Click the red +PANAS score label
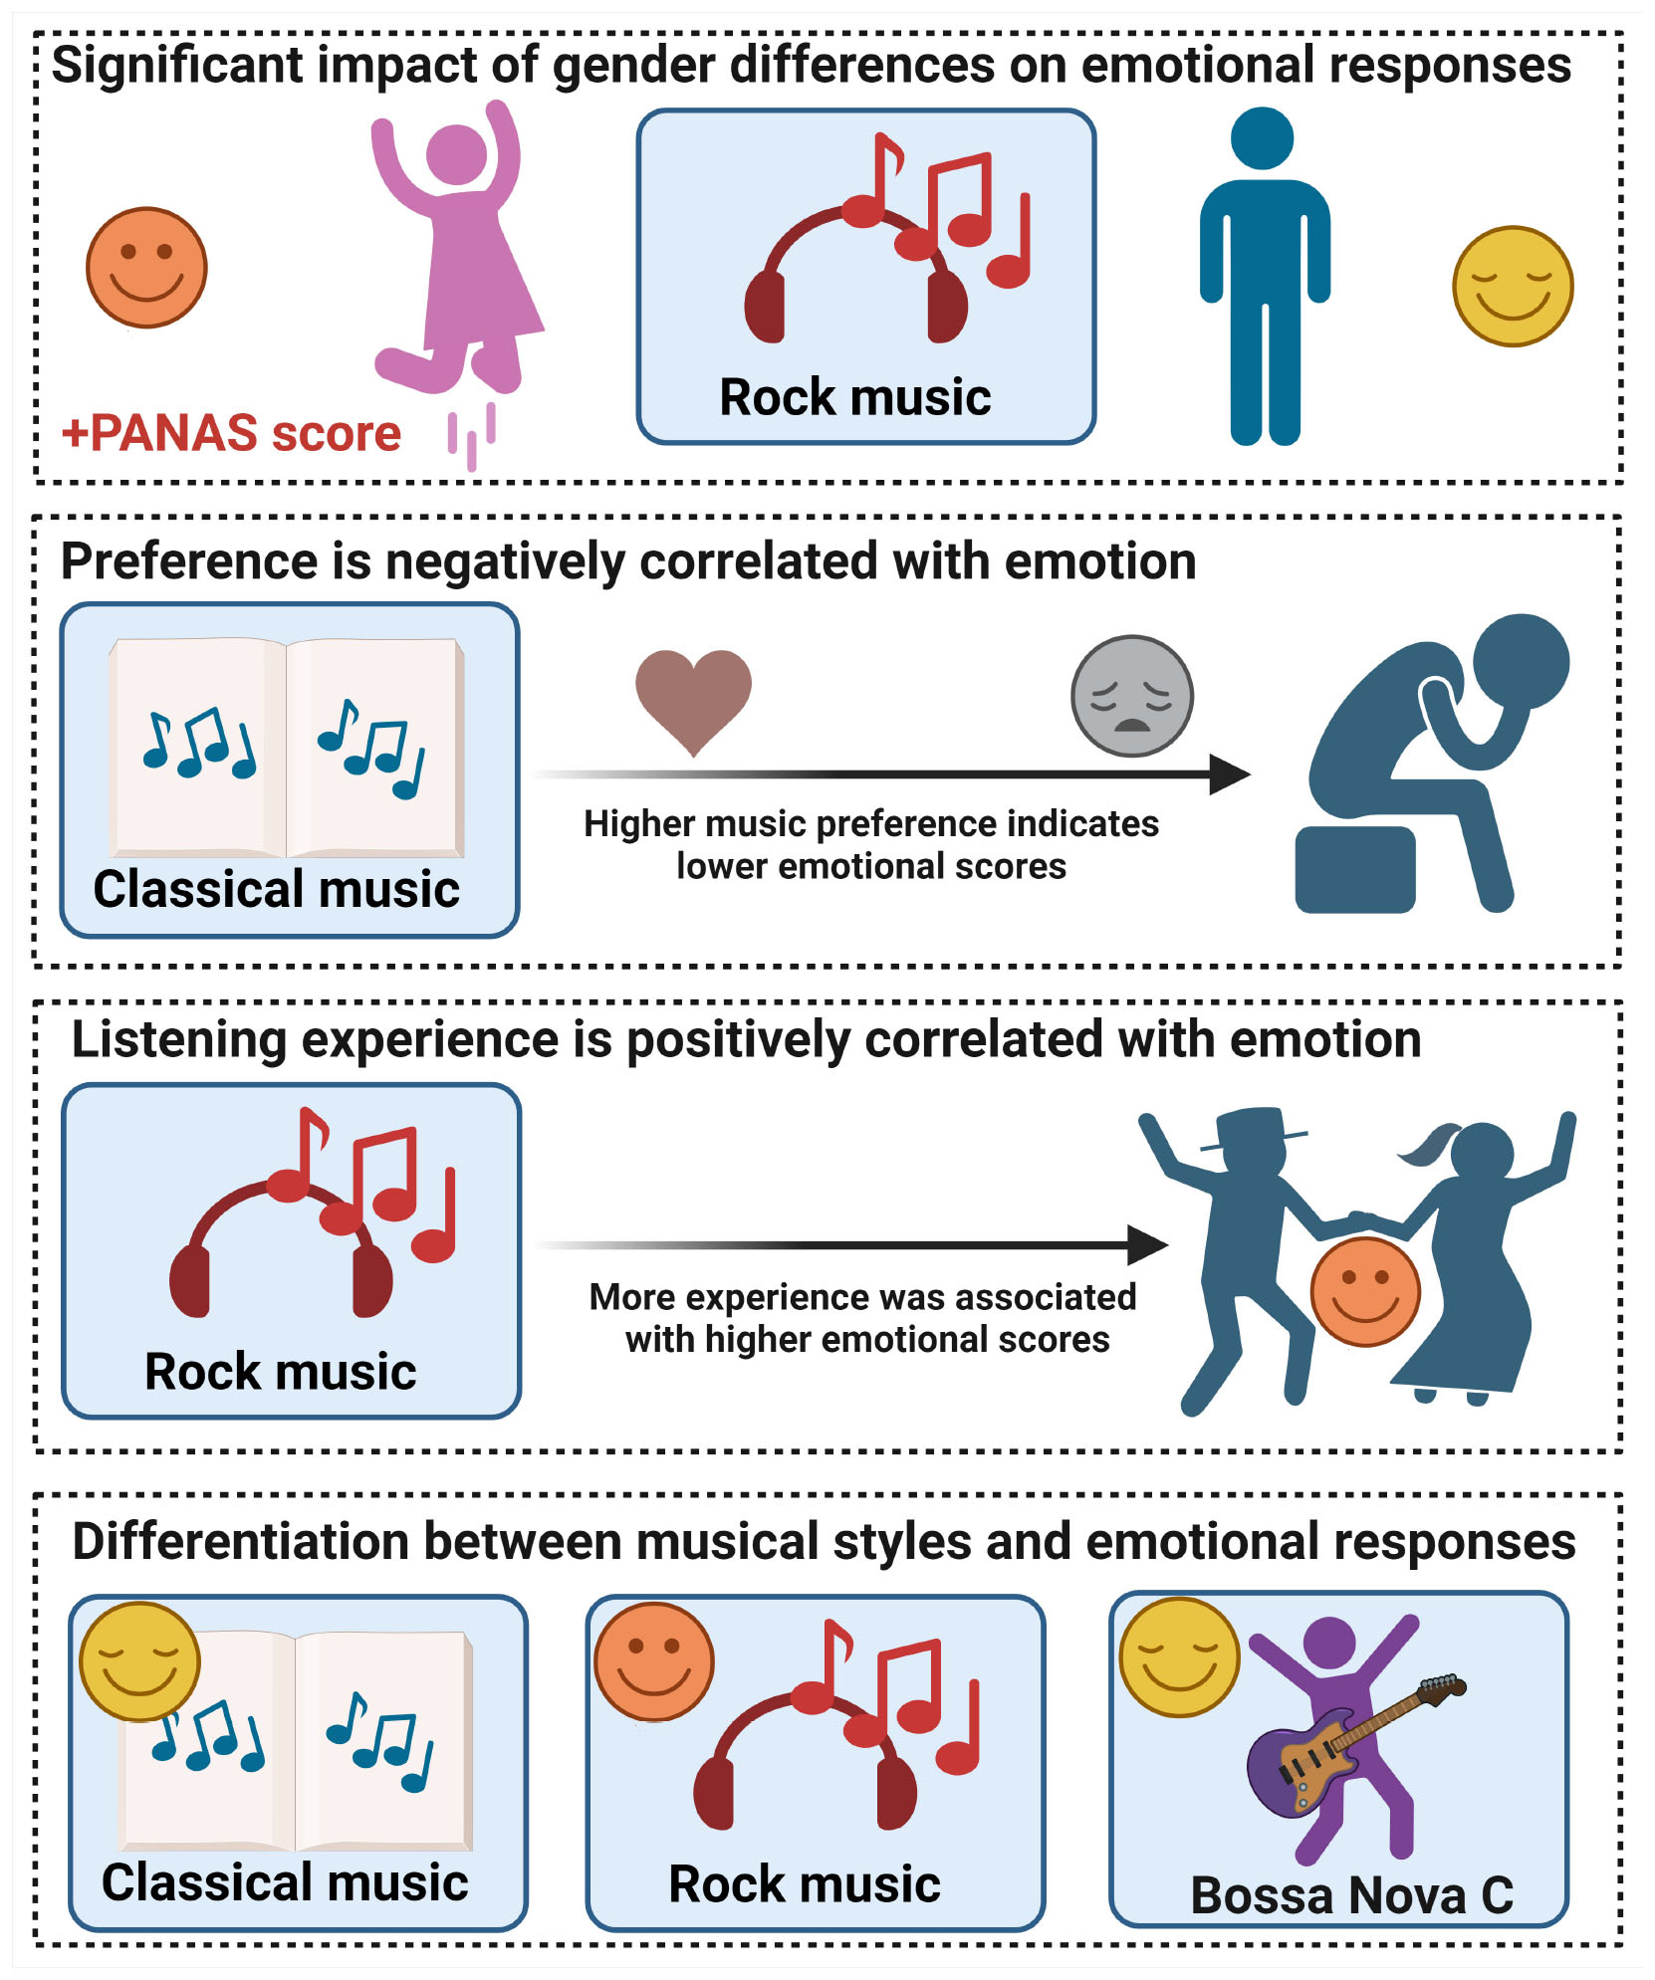click(231, 433)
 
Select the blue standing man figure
click(1265, 279)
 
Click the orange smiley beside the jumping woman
click(146, 267)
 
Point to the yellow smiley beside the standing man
click(1512, 287)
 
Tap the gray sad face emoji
click(1131, 696)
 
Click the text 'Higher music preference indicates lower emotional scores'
click(870, 844)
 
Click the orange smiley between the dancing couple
click(1364, 1291)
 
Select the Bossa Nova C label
click(1351, 1894)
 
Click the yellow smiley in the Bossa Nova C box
click(1179, 1657)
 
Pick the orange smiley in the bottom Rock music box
click(653, 1661)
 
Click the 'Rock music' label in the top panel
click(854, 397)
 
